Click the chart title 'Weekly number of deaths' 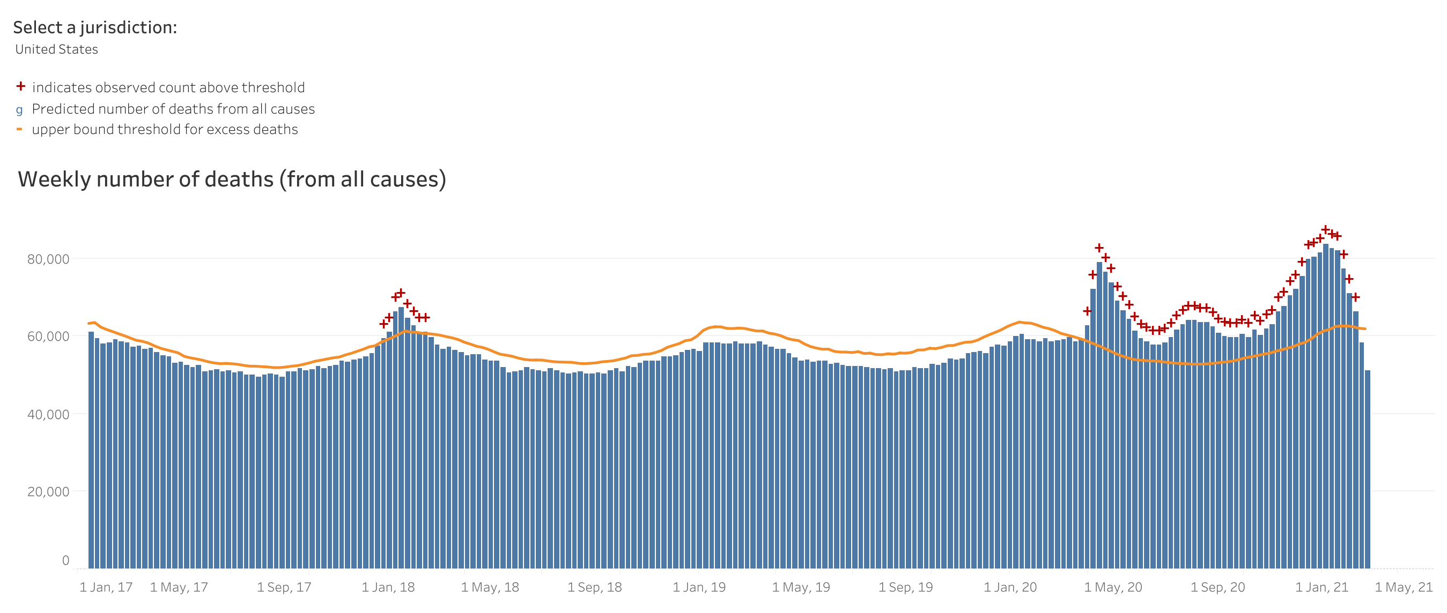[x=232, y=180]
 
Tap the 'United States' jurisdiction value [x=56, y=49]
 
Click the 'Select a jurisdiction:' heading [x=95, y=27]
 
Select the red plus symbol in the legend [x=21, y=86]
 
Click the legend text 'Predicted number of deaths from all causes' [x=173, y=109]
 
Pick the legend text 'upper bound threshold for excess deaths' [x=165, y=130]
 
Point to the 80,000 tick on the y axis [x=48, y=259]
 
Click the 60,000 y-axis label [x=48, y=337]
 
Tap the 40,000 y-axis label [x=48, y=415]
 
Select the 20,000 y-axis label [x=48, y=492]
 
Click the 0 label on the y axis [x=66, y=560]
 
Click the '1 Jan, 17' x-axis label [x=106, y=588]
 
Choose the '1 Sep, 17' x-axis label [x=284, y=588]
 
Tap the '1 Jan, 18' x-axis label [x=388, y=588]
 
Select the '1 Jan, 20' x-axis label [x=1010, y=588]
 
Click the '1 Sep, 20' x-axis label [x=1217, y=588]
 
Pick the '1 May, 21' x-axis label [x=1403, y=588]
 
